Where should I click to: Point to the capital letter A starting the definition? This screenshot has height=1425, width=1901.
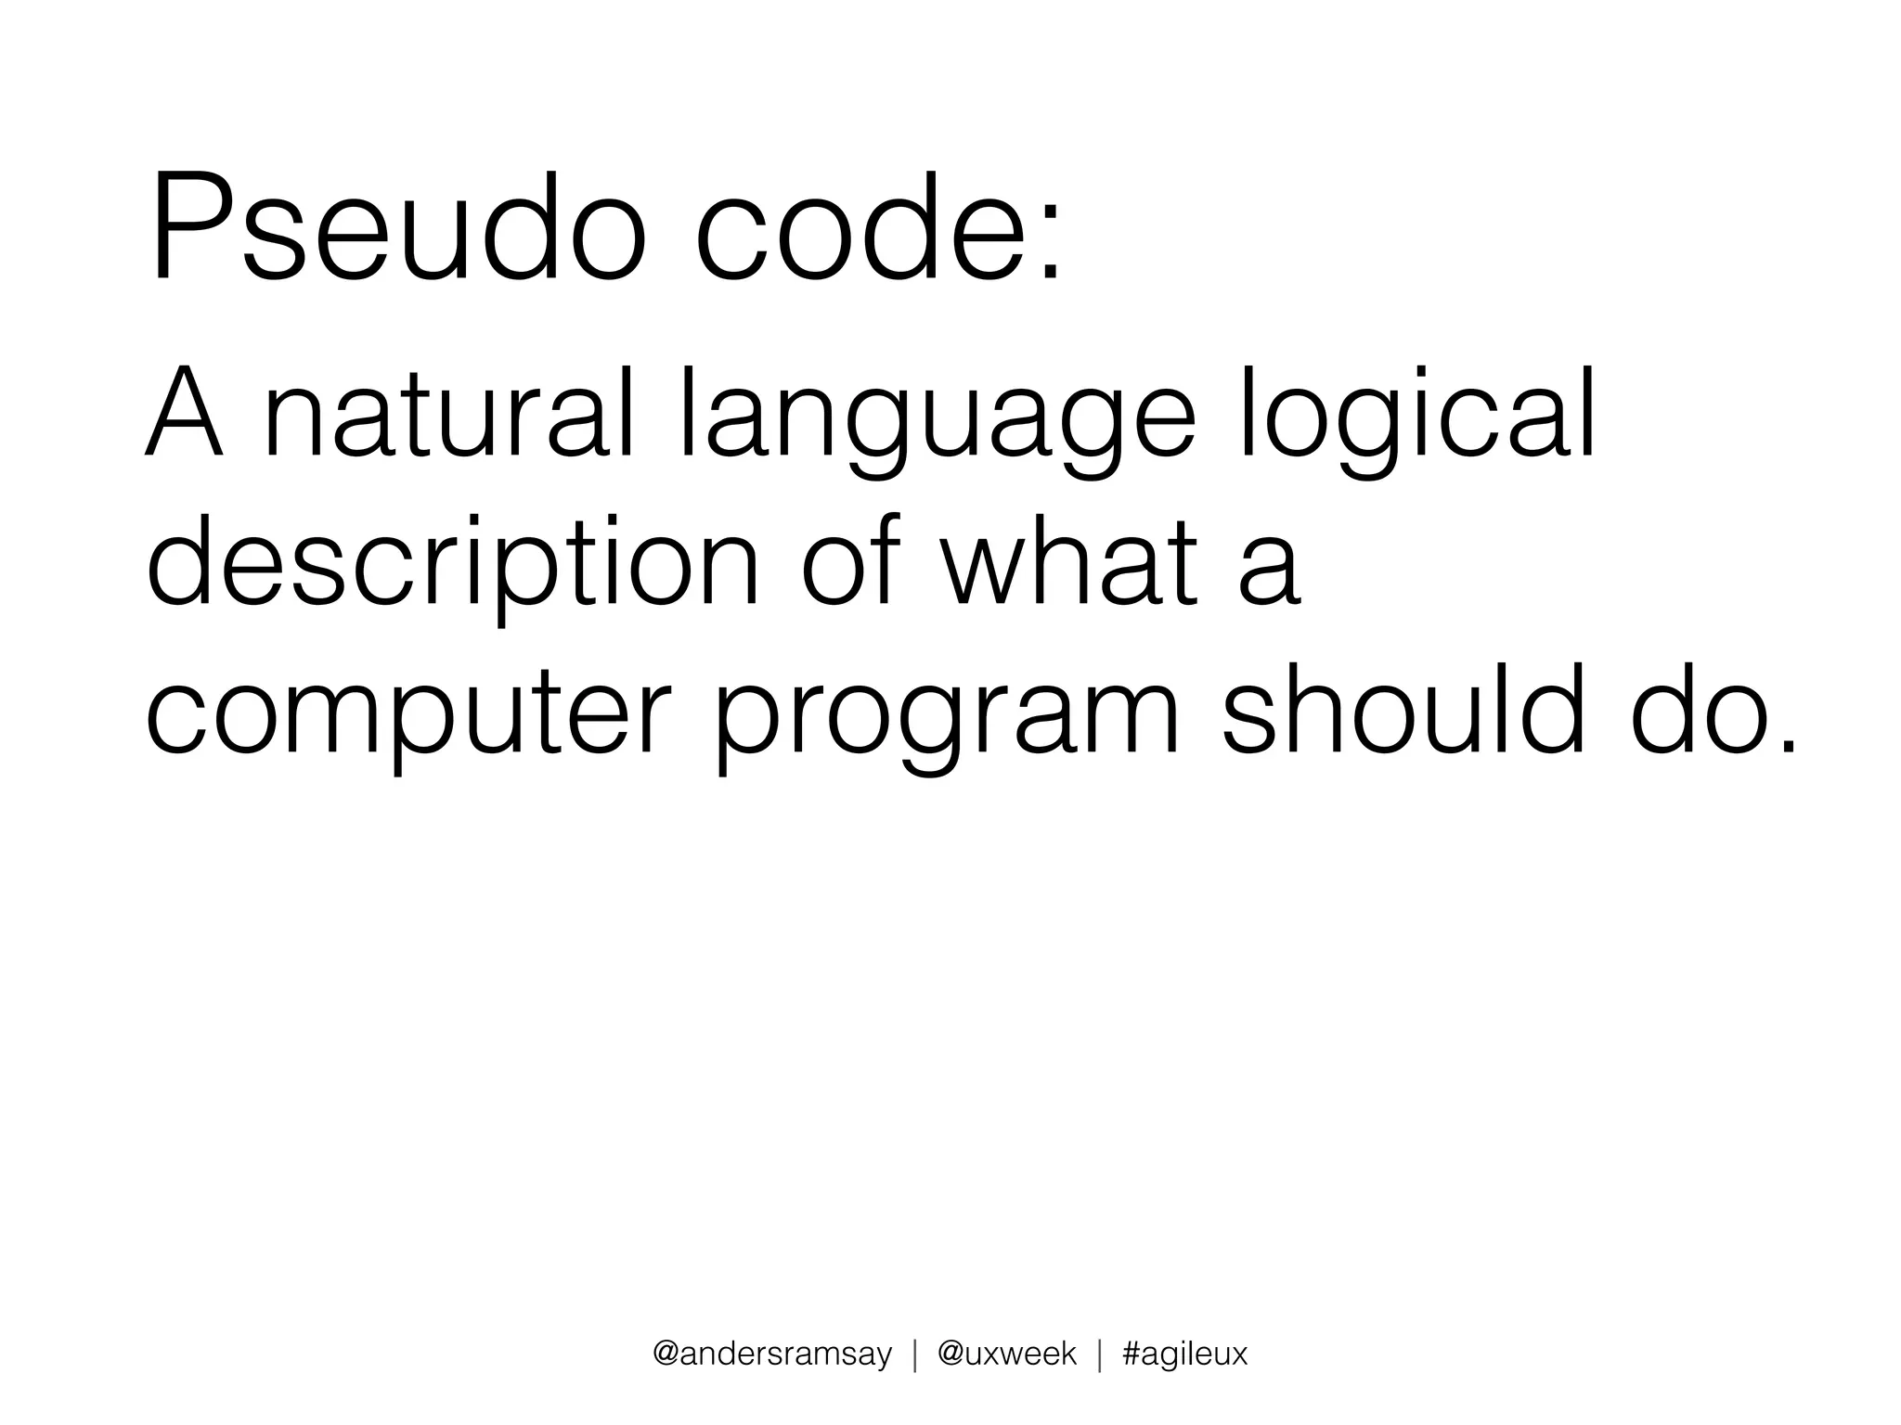[x=185, y=415]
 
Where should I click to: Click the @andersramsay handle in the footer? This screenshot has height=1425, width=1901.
[x=772, y=1354]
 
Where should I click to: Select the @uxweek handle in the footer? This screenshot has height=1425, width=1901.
[x=1007, y=1354]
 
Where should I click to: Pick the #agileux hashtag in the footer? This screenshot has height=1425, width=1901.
[x=1185, y=1354]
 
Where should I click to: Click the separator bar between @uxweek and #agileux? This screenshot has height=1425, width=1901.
[x=1100, y=1354]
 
